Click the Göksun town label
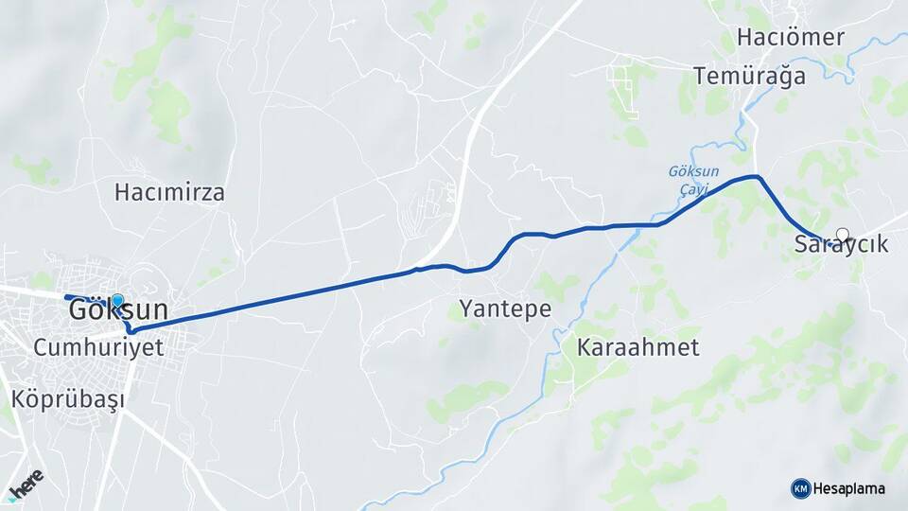click(120, 310)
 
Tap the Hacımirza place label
click(169, 193)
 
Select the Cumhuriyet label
click(98, 347)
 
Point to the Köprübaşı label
click(67, 398)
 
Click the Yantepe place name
click(505, 308)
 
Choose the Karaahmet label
click(637, 347)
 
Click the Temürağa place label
click(749, 77)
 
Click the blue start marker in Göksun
click(117, 301)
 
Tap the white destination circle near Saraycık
click(842, 234)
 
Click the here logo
click(26, 483)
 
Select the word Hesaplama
click(848, 488)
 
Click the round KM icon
click(800, 488)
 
